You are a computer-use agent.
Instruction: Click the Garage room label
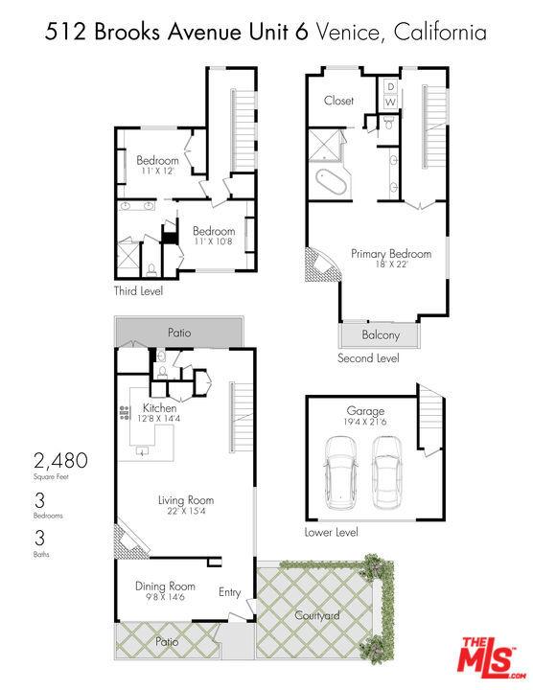click(365, 411)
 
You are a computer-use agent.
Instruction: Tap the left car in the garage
click(341, 472)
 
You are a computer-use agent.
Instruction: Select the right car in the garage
click(386, 472)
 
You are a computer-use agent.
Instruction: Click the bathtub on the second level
click(330, 182)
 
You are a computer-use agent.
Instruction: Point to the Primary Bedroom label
click(391, 254)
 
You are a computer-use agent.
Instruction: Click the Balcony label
click(381, 334)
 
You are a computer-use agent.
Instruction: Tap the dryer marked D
click(390, 86)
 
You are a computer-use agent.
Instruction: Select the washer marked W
click(390, 102)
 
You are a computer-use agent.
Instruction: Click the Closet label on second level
click(338, 101)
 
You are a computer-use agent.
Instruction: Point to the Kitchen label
click(159, 408)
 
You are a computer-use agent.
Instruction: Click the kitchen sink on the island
click(143, 450)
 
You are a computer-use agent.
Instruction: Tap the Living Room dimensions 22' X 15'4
click(186, 511)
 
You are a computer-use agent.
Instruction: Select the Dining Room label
click(165, 586)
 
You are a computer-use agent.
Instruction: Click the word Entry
click(230, 592)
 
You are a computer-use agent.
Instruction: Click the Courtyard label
click(317, 615)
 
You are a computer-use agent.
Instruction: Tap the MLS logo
click(492, 657)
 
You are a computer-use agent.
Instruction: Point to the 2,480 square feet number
click(60, 461)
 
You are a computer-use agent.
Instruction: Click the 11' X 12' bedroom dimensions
click(158, 171)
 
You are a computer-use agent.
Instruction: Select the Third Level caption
click(138, 291)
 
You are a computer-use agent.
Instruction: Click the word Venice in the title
click(347, 33)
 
